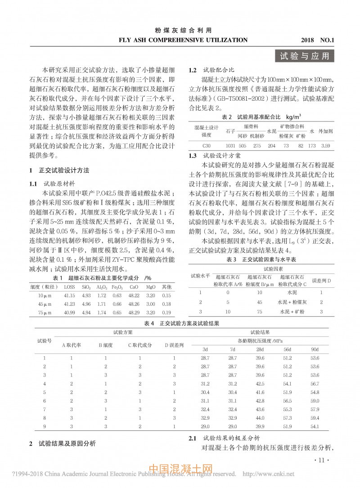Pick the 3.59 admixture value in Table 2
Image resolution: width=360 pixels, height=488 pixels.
326,146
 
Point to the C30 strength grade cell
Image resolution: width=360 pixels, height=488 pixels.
206,146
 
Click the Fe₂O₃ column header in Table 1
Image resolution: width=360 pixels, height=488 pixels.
117,287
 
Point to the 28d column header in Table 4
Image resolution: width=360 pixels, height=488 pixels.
260,349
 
